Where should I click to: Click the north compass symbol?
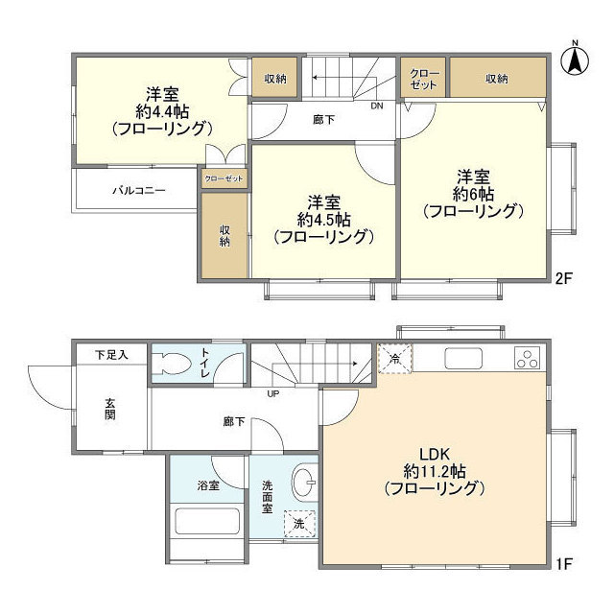tap(574, 59)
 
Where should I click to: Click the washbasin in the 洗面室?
tap(303, 483)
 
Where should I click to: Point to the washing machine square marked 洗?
tap(299, 525)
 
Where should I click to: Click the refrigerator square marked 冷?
tap(394, 358)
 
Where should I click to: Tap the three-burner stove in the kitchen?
tap(529, 360)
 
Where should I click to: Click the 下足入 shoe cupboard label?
tap(111, 355)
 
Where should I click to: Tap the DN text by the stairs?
tap(378, 106)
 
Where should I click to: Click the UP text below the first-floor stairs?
tap(274, 393)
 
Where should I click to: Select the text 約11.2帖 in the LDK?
tap(434, 471)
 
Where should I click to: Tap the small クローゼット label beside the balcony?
tap(224, 179)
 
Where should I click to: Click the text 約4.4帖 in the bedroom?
tap(161, 110)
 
